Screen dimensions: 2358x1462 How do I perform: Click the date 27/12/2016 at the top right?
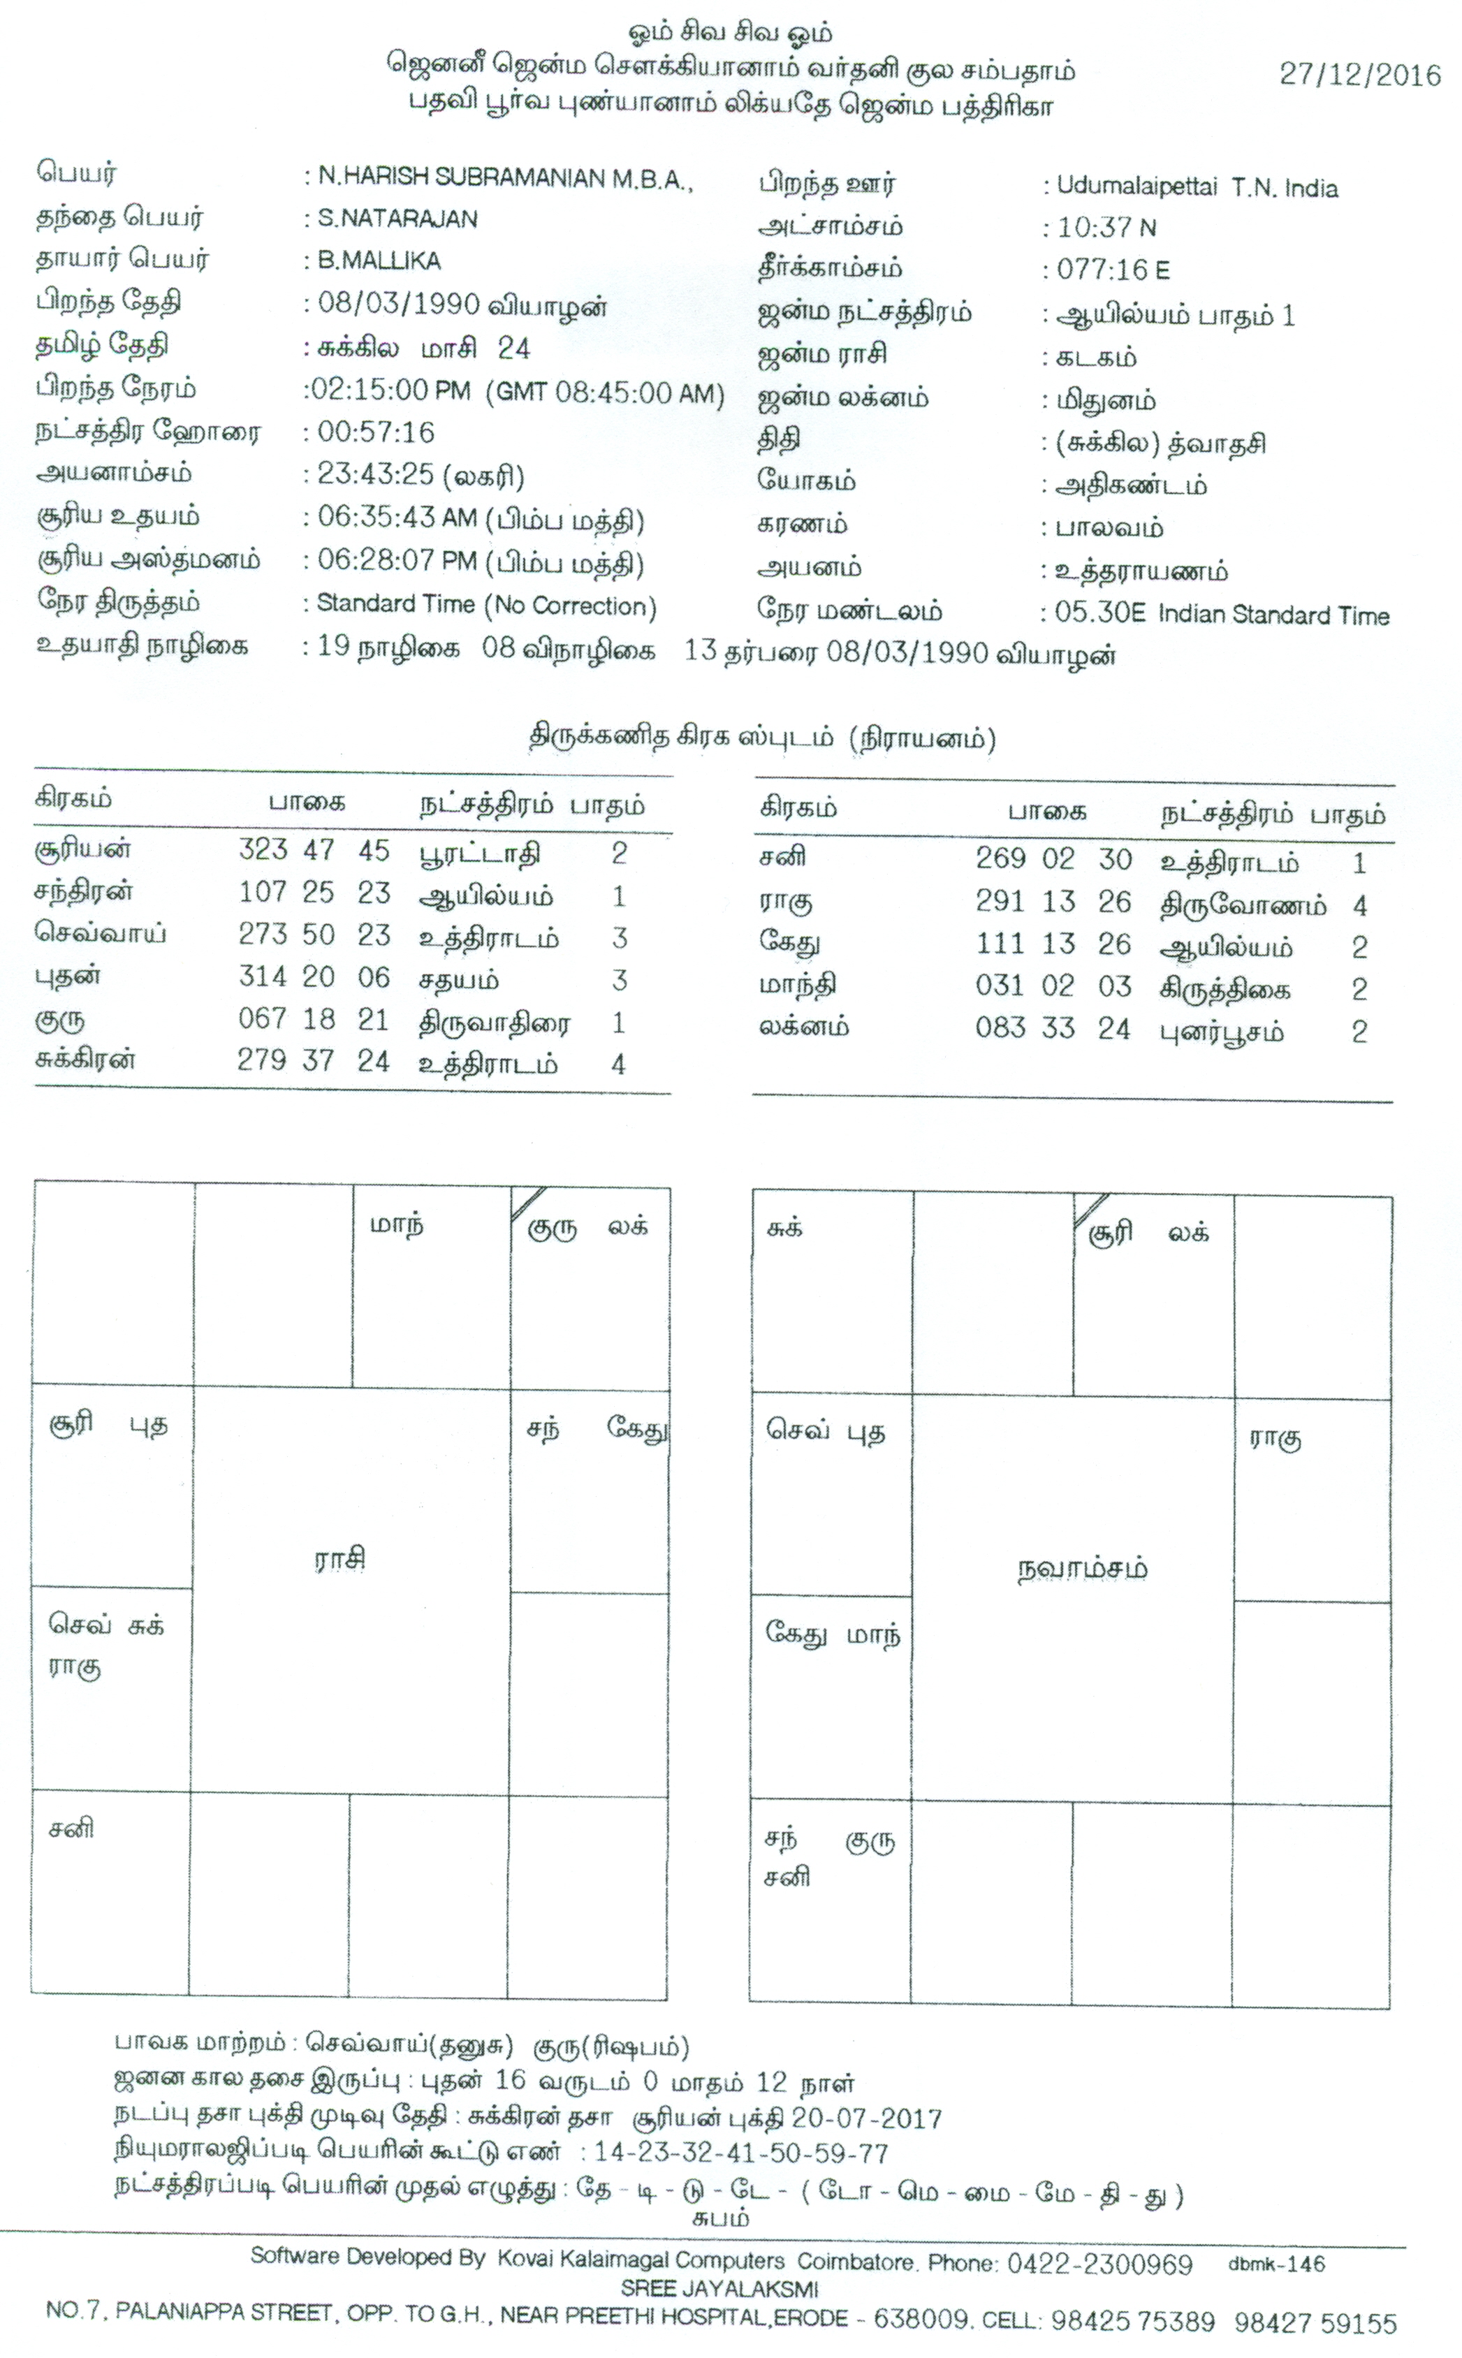coord(1359,75)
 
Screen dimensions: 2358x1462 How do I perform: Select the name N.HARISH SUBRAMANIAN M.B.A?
coord(505,178)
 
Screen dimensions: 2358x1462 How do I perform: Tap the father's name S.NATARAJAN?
coord(397,219)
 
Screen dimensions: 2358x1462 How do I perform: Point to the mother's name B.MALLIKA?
coord(379,261)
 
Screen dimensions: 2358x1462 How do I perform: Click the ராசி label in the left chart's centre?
coord(340,1560)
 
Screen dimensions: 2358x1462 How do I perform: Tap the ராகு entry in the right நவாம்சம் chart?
coord(1274,1437)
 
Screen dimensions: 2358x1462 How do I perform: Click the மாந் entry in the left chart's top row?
coord(397,1225)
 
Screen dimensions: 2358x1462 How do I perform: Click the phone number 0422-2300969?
coord(1099,2265)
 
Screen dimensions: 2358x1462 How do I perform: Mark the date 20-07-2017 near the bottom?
coord(865,2119)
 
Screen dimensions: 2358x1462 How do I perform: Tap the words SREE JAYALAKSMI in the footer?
coord(719,2290)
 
